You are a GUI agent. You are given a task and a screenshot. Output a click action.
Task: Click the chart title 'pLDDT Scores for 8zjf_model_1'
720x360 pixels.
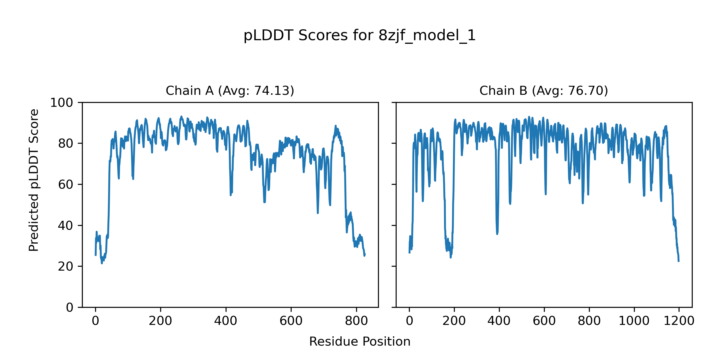click(x=359, y=36)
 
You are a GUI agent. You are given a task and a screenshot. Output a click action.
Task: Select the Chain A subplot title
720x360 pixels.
click(x=230, y=91)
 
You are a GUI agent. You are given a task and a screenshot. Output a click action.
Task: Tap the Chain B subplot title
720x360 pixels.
click(x=544, y=91)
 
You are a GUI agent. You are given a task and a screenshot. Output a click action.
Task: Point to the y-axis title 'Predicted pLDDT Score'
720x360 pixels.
click(x=34, y=180)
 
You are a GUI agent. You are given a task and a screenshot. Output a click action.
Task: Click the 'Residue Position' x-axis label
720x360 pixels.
click(x=359, y=342)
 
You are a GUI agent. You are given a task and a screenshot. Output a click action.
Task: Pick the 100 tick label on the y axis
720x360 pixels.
click(x=61, y=103)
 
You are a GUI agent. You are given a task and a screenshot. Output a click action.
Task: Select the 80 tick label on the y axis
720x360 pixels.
click(x=66, y=144)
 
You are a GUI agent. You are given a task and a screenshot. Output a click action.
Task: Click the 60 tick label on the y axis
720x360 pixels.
click(x=66, y=185)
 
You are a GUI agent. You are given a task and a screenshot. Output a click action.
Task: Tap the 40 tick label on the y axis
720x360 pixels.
click(x=66, y=226)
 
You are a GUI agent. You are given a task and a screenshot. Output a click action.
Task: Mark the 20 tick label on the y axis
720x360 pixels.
click(x=66, y=266)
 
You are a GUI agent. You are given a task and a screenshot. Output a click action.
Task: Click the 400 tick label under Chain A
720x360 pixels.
click(x=226, y=321)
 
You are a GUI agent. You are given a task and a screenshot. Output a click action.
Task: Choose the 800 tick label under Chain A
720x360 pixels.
click(x=356, y=321)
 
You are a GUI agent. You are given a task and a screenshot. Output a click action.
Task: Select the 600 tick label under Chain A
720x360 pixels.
click(x=291, y=321)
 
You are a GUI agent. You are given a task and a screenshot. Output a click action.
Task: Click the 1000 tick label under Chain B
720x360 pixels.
click(x=634, y=321)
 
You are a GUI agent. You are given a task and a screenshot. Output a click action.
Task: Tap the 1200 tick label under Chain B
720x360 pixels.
click(x=679, y=321)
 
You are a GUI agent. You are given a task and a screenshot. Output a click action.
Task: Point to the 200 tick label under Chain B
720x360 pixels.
click(x=454, y=321)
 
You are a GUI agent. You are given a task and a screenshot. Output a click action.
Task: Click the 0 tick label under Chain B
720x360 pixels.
click(x=409, y=321)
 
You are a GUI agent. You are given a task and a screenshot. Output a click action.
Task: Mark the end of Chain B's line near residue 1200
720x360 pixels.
click(x=679, y=261)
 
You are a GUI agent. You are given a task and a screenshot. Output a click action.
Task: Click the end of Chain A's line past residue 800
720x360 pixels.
click(x=365, y=255)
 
